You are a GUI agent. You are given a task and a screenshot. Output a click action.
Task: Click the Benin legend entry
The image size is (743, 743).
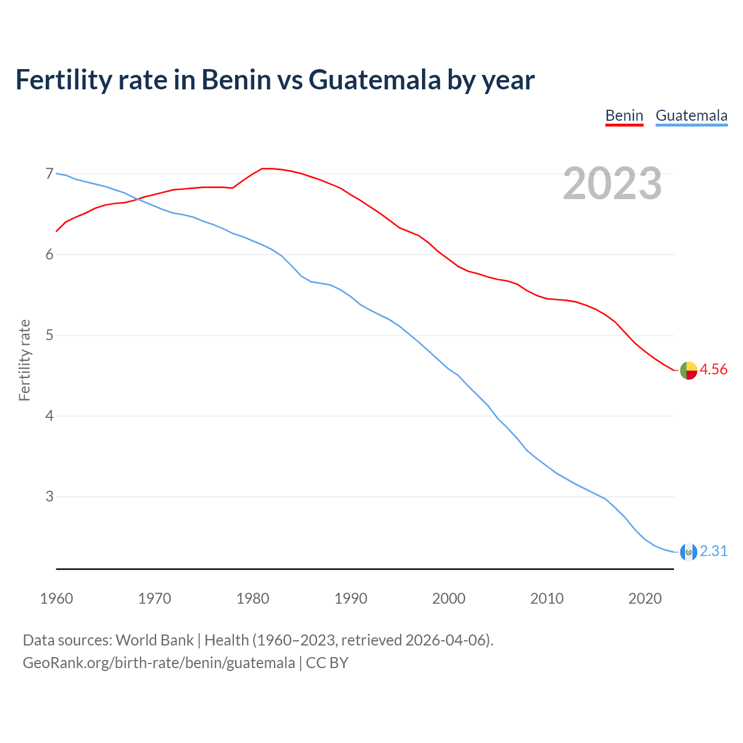point(624,116)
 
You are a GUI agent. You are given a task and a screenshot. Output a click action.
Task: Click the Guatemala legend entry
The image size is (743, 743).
point(691,116)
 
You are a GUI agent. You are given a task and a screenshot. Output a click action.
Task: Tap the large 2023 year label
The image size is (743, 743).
point(612,183)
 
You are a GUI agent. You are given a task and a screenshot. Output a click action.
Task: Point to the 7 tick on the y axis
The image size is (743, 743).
point(49,174)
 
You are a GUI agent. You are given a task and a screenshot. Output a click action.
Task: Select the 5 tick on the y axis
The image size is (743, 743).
point(49,335)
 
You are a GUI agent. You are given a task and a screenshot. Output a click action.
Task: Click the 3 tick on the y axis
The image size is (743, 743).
point(49,496)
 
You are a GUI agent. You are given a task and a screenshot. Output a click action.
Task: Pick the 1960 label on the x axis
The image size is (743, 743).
point(56,598)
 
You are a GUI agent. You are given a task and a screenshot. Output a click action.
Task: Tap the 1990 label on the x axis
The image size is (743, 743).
point(351,598)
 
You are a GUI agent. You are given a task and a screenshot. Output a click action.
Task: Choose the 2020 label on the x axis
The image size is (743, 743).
point(645,598)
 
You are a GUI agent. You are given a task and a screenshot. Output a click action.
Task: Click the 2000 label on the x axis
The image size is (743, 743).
point(449,598)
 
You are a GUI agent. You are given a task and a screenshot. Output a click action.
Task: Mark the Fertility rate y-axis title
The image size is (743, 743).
point(24,360)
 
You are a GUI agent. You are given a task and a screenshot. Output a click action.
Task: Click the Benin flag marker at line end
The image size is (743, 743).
point(688,370)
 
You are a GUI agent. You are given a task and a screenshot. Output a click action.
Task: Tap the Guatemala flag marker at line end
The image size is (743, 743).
point(688,552)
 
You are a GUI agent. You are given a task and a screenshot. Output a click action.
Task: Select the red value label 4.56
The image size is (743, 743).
point(713,370)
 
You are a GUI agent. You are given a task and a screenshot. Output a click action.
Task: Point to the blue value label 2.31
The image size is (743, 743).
point(713,551)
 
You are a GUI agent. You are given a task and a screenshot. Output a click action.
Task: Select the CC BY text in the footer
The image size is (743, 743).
point(327,663)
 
